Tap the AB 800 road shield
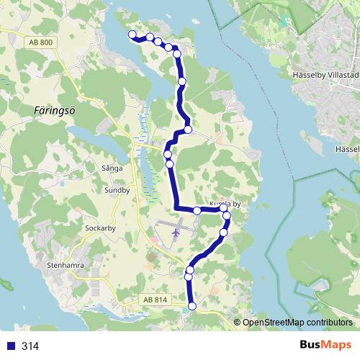[x=42, y=44]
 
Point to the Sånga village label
[x=112, y=167]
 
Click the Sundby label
[x=116, y=191]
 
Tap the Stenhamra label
[x=66, y=265]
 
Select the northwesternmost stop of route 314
[x=132, y=35]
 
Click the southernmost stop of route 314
[x=192, y=307]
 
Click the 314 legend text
[x=30, y=346]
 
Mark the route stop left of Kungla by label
[x=197, y=210]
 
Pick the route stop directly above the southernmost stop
[x=189, y=276]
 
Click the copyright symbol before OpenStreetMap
[x=238, y=323]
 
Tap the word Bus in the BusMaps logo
[x=313, y=345]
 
